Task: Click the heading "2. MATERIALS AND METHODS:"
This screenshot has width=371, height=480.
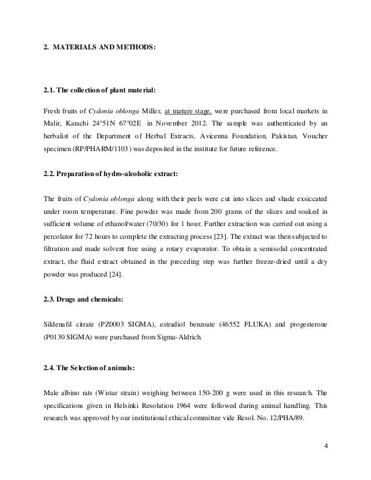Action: click(x=100, y=45)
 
